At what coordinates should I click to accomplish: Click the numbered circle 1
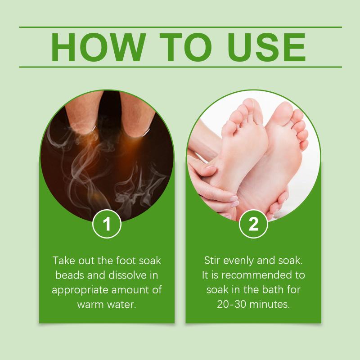tap(107, 224)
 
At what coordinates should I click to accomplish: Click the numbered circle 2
tap(253, 224)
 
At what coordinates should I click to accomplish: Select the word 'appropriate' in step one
tap(80, 290)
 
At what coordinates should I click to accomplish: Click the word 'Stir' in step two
tap(212, 261)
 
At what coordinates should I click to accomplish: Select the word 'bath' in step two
tap(270, 290)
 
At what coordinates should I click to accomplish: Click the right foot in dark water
tap(137, 114)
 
